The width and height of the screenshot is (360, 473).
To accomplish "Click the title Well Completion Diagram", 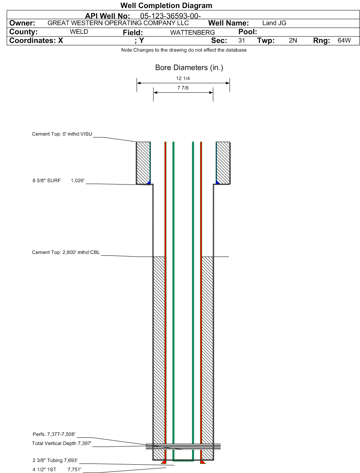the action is pos(166,6).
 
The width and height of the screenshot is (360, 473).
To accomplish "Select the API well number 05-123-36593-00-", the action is pos(170,16).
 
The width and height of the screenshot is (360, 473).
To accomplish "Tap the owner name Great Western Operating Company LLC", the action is pos(118,23).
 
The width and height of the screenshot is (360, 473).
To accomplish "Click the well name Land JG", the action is pos(274,23).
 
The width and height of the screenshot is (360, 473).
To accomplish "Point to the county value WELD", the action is pos(79,32).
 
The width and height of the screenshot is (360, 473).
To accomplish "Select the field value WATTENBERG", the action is pos(193,33).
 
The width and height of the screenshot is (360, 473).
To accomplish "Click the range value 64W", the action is pos(344,41).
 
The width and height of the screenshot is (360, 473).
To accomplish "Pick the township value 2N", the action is pos(293,41).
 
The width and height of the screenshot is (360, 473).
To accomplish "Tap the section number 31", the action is pos(242,41).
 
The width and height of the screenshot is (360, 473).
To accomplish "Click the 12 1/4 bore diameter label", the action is pos(183,79).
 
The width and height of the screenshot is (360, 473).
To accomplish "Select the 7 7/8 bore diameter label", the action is pos(183,88).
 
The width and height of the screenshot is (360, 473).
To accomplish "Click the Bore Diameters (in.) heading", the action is pos(189,68).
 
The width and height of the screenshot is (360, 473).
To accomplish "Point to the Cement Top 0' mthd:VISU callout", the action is pos(62,134).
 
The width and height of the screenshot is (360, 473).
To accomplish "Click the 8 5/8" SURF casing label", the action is pos(47,181).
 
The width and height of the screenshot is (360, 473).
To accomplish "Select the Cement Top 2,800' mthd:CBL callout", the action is pos(66,252).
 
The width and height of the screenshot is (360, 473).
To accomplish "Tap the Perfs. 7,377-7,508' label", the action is pos(54,434).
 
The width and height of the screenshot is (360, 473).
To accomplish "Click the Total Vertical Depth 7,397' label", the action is pos(62,443).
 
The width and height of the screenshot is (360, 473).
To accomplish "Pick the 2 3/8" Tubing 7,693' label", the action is pos(55,460).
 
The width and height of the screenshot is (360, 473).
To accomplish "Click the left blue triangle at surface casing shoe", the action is pos(149,182).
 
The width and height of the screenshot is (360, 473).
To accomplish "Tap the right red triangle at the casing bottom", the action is pos(203,462).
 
